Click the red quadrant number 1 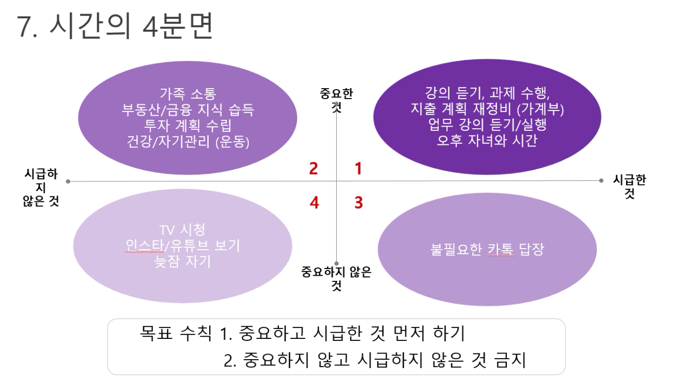pos(358,168)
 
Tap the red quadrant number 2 pos(314,168)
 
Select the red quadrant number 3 pos(359,202)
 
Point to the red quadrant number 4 pos(314,202)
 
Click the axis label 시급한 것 pos(629,187)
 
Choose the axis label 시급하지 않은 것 pos(41,187)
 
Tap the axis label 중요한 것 pos(336,100)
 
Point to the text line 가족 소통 pos(188,94)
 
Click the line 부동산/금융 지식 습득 pos(188,109)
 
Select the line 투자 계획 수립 pos(188,126)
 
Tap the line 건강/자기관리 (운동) pos(188,141)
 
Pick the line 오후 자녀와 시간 pos(487,140)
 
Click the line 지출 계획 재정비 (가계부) pos(487,108)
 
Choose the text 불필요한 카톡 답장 pos(487,250)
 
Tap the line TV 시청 pos(182,230)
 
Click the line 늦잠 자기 pos(182,261)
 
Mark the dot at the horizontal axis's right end pos(601,180)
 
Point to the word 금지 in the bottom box pos(511,360)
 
